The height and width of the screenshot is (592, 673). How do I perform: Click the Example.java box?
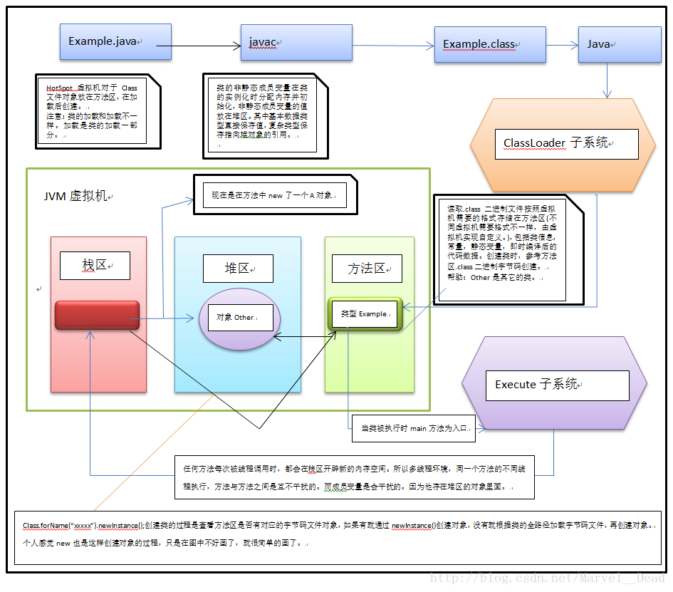116,41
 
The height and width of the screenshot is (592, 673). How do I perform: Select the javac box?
296,42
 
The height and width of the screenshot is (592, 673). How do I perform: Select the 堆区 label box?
238,268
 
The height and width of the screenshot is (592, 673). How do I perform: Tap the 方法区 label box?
367,268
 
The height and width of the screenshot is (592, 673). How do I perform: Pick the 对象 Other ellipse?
236,318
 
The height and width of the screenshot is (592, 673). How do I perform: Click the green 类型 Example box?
364,313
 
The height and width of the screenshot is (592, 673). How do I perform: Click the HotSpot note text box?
91,110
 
